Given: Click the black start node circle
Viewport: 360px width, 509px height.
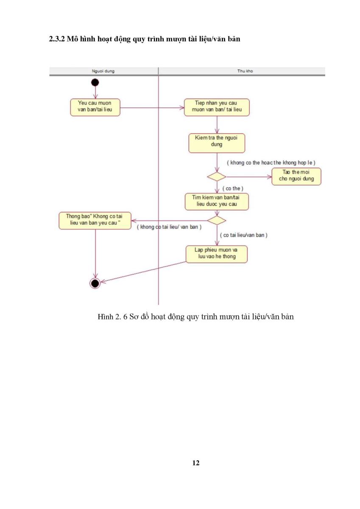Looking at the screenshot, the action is (95, 82).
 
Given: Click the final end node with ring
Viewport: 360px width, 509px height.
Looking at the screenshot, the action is (95, 283).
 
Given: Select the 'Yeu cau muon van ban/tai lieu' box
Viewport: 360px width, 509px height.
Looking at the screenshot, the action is (95, 107).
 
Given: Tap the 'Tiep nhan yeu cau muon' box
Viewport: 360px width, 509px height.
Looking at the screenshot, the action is (217, 107).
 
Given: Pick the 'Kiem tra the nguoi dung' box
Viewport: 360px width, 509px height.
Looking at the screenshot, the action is (217, 143).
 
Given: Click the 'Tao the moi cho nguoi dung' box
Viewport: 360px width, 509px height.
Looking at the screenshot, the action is (296, 176).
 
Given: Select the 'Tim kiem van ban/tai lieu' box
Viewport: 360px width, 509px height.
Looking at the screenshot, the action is (217, 201).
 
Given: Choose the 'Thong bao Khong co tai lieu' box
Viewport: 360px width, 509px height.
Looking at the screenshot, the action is (95, 221).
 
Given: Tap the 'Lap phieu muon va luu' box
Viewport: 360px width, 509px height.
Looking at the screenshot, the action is (216, 254).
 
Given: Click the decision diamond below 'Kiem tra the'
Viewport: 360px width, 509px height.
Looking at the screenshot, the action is (217, 176).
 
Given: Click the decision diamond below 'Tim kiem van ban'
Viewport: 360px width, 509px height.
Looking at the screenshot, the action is (217, 221).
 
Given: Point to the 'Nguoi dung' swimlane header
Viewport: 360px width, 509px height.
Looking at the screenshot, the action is (103, 71).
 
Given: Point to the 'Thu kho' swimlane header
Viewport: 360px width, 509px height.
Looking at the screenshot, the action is (245, 71).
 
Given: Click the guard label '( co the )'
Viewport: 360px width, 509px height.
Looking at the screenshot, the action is (233, 188).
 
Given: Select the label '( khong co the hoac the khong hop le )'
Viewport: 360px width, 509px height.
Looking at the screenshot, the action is (271, 163).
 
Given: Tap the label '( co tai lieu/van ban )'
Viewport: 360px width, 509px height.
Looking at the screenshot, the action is (244, 235).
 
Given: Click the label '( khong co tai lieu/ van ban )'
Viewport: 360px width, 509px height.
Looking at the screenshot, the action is (169, 227).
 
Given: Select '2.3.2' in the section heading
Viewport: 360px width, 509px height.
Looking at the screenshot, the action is (57, 39).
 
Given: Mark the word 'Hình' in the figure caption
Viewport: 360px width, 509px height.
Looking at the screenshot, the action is (106, 316).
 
